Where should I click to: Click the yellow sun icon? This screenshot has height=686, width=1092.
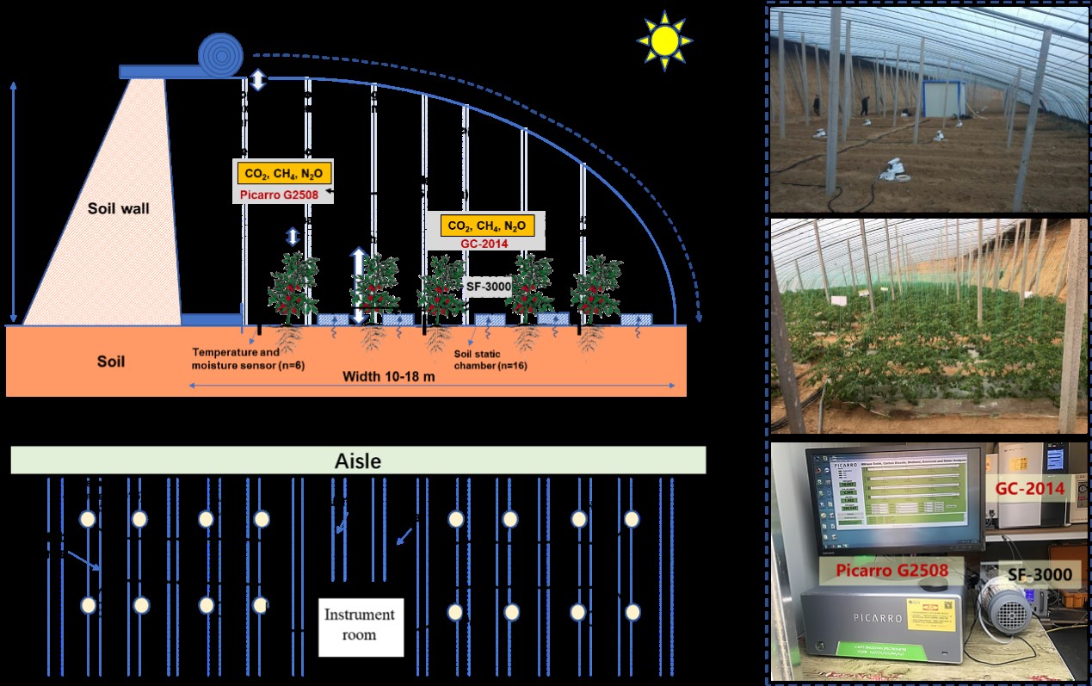(664, 40)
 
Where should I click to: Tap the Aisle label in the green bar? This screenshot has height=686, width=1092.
(357, 461)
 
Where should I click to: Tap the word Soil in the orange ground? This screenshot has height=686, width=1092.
(111, 362)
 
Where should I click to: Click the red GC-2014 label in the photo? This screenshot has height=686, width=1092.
(1029, 489)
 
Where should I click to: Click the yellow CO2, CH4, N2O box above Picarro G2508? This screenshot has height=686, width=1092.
(284, 173)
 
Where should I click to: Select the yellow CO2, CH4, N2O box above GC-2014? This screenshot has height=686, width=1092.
(487, 226)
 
